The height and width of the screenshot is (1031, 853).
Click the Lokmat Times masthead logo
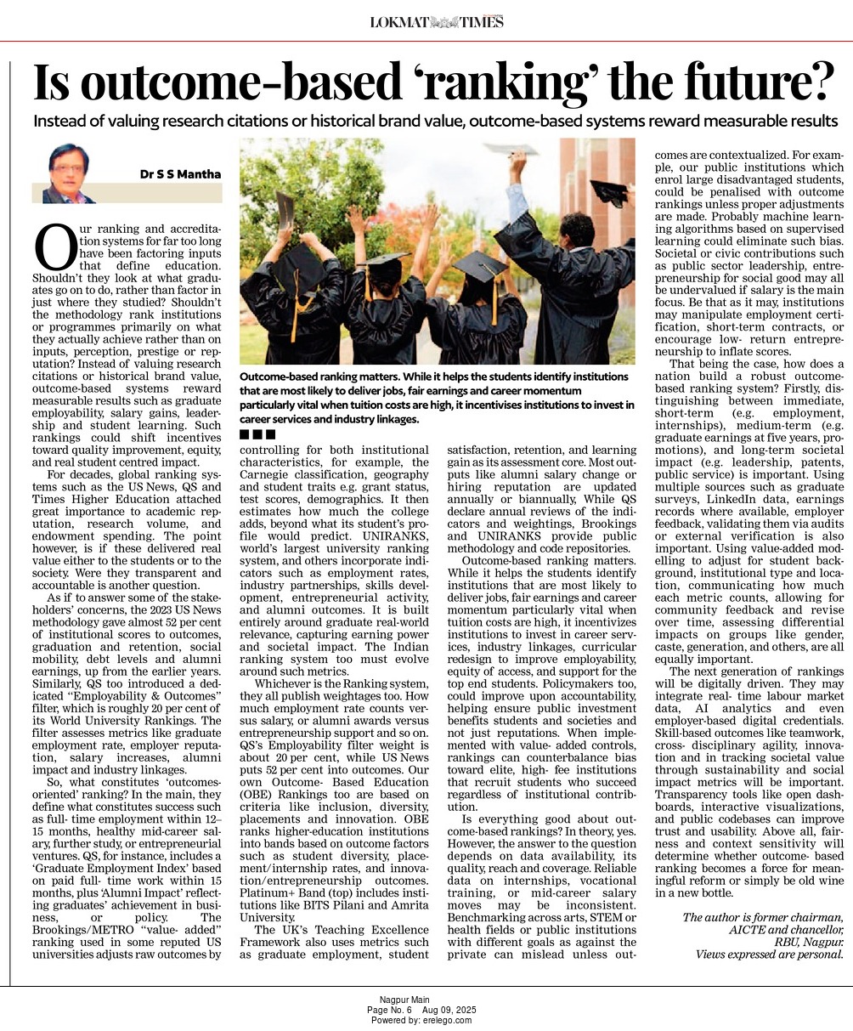[437, 21]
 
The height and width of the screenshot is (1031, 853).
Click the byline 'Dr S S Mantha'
[180, 174]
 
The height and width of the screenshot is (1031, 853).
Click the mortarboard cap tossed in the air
[511, 149]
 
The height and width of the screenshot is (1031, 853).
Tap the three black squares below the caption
[257, 435]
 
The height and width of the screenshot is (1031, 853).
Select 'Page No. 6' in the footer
[389, 1011]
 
